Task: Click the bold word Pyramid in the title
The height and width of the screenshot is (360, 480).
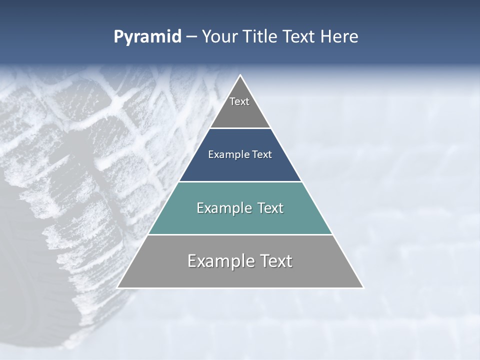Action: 147,37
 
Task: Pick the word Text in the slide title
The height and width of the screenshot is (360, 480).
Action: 299,37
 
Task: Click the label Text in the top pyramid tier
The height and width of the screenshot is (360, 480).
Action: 239,101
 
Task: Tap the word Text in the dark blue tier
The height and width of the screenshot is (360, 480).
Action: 262,155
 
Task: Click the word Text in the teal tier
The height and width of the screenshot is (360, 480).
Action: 270,208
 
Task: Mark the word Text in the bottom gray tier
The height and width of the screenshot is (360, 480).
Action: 275,261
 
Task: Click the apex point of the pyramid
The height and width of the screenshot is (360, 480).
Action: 240,75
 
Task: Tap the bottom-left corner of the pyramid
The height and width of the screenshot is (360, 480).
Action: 118,287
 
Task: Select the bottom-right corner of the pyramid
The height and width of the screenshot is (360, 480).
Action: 363,287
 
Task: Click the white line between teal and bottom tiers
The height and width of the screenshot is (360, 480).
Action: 240,234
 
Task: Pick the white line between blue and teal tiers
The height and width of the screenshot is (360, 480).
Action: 240,181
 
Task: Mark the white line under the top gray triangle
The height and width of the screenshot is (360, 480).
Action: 240,128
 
